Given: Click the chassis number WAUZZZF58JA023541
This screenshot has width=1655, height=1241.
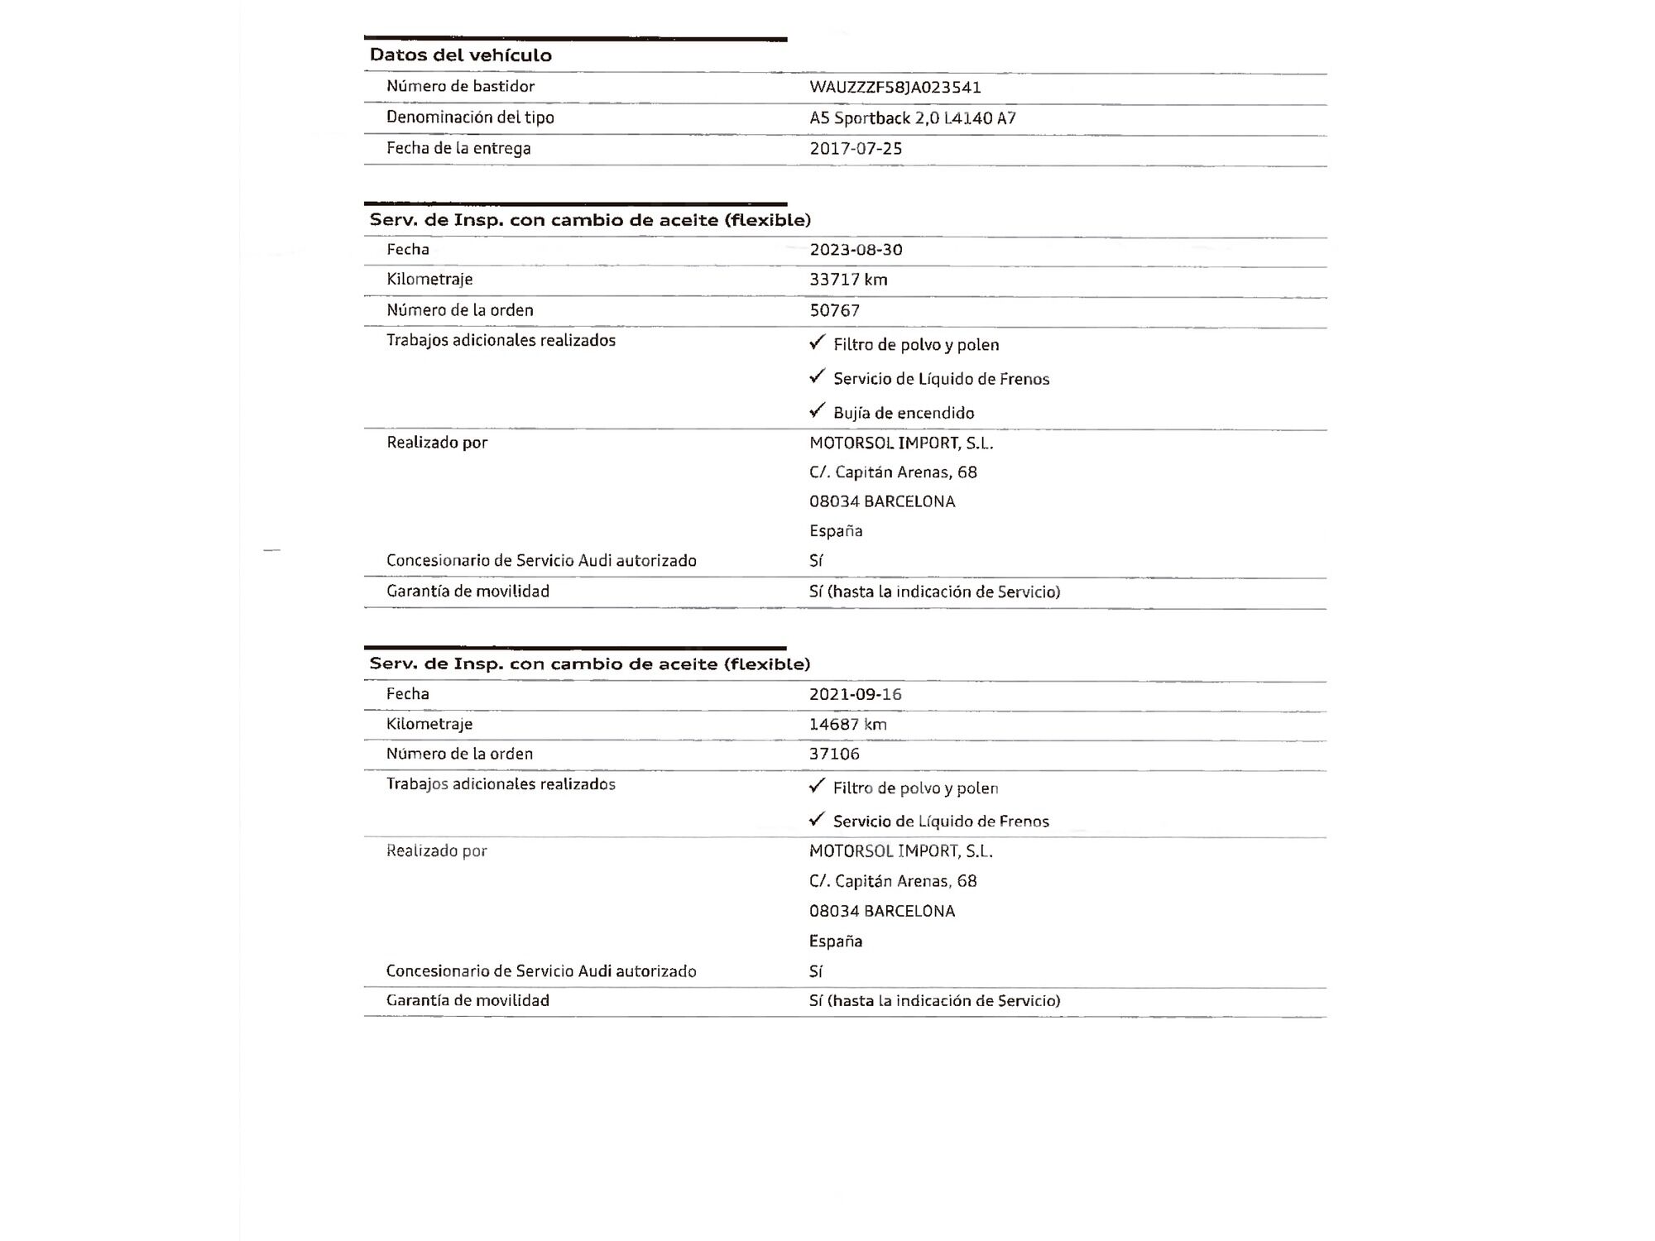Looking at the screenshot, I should point(895,87).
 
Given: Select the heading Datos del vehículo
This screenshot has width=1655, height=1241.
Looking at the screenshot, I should point(460,55).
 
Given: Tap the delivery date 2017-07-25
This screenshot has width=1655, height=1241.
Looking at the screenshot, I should point(855,149).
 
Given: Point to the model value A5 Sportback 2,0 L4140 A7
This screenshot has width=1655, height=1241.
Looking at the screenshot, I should point(912,118).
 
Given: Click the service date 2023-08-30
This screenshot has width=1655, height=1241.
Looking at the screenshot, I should point(855,250).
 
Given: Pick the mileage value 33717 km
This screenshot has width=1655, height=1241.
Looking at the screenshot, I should point(847,280).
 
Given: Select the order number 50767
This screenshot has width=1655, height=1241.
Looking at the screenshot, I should point(834,310).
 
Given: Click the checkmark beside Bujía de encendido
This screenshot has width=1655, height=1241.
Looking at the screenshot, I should point(818,410).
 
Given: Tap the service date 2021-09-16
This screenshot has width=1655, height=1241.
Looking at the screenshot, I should point(855,694).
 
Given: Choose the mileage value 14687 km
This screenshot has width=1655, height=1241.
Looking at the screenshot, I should point(847,725).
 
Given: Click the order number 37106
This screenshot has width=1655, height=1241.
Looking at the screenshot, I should point(834,754).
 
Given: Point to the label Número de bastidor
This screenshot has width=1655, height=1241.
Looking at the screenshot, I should point(460,86).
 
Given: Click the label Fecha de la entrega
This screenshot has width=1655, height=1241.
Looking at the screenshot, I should point(458,149).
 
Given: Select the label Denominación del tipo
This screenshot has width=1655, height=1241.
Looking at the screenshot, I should point(470,117).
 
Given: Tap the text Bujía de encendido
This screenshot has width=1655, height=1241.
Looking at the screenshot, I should point(903,413).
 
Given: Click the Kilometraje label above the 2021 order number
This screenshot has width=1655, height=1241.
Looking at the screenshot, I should point(429,724).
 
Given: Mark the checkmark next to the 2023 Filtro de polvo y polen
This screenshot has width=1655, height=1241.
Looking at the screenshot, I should point(818,342).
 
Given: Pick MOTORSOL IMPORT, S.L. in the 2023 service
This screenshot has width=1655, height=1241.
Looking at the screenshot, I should point(900,443).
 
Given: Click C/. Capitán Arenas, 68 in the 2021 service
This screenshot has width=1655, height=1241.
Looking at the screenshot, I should point(892,881).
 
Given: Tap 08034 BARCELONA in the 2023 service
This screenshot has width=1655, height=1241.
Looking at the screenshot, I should point(881,501).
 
